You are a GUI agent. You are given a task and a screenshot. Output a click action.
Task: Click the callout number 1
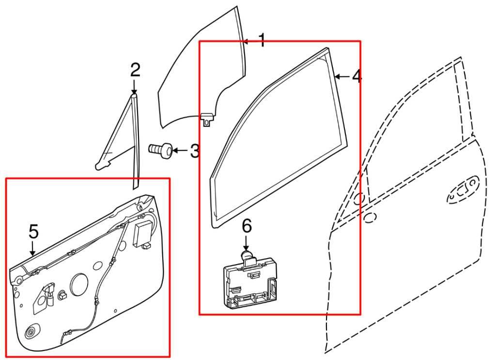(x=262, y=40)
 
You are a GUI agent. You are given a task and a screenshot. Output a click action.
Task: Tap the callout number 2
(x=135, y=70)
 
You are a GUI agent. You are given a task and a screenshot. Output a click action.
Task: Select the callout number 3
(x=194, y=151)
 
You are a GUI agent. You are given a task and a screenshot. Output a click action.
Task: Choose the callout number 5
(x=33, y=232)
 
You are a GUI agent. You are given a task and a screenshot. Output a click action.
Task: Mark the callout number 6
(x=247, y=225)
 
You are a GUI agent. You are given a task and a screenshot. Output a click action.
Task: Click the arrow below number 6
(x=247, y=242)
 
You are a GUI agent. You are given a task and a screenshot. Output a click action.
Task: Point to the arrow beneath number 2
(x=134, y=87)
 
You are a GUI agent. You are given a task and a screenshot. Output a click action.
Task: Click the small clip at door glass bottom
(x=207, y=118)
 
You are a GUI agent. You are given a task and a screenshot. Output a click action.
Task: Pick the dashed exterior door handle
(x=463, y=190)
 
